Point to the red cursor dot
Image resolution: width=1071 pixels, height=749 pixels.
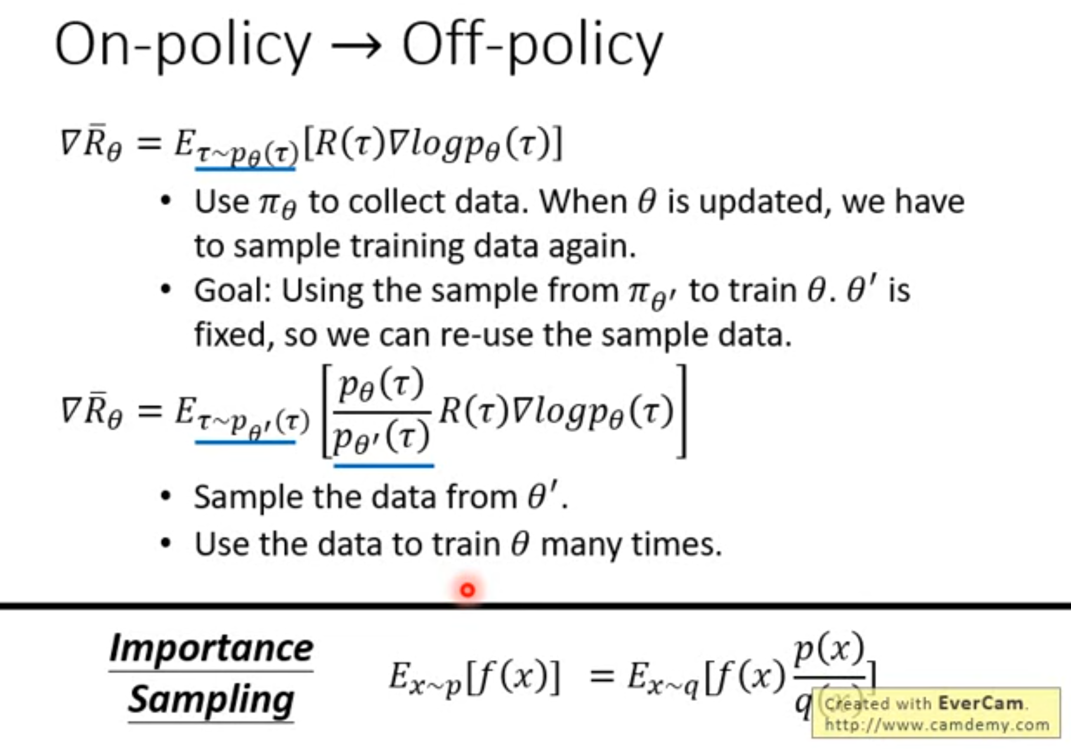467,591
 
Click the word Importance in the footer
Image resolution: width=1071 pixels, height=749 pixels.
211,648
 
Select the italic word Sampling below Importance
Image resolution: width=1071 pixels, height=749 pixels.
211,700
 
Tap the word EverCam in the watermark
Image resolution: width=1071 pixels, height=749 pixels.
981,703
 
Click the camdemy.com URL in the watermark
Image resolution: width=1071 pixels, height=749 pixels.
937,725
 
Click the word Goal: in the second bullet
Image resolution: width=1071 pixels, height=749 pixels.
233,291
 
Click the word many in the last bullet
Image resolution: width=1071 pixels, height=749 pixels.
581,545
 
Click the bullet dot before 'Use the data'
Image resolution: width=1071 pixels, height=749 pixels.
166,543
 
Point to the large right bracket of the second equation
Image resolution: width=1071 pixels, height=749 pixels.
682,411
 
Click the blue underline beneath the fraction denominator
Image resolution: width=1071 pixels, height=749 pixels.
383,466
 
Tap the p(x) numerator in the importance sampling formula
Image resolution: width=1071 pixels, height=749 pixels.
829,649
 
